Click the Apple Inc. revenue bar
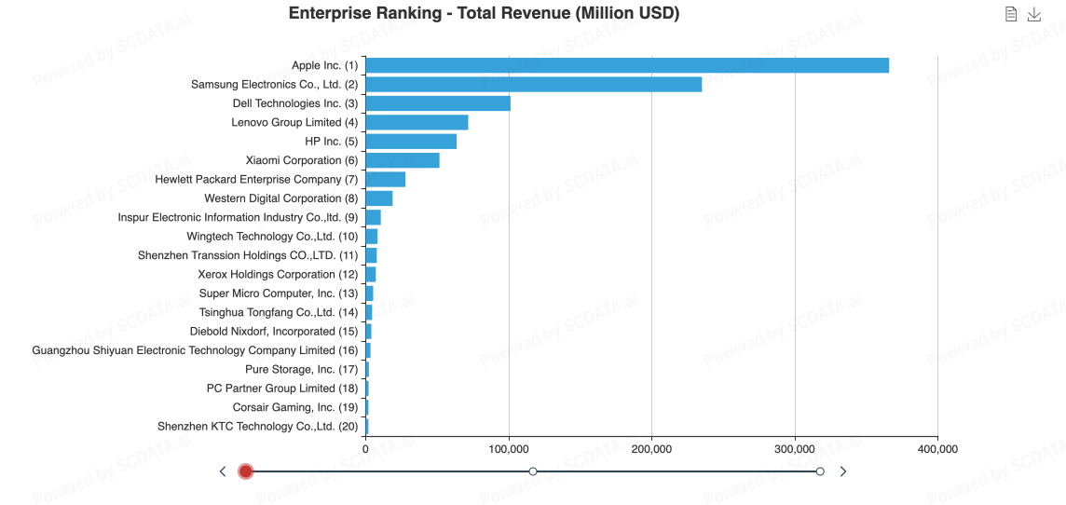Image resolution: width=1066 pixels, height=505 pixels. pyautogui.click(x=626, y=65)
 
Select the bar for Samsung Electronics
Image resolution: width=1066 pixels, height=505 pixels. pyautogui.click(x=533, y=84)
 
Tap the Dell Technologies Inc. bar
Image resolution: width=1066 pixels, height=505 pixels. pyautogui.click(x=438, y=103)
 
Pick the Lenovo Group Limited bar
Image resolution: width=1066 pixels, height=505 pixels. pyautogui.click(x=417, y=122)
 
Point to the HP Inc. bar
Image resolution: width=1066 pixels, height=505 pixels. pyautogui.click(x=411, y=142)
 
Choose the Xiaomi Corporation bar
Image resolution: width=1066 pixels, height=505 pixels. pyautogui.click(x=403, y=160)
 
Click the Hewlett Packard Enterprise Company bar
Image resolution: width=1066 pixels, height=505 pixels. pyautogui.click(x=386, y=179)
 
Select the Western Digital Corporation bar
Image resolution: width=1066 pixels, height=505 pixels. pyautogui.click(x=379, y=198)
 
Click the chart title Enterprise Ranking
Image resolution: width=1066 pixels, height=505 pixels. pyautogui.click(x=484, y=13)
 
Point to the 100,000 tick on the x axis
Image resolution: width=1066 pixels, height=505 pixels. pyautogui.click(x=509, y=449)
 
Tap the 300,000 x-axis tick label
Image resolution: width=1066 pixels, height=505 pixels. pyautogui.click(x=795, y=449)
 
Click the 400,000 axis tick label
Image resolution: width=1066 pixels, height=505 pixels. pyautogui.click(x=937, y=449)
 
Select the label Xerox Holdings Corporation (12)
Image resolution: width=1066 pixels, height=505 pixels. pyautogui.click(x=278, y=275)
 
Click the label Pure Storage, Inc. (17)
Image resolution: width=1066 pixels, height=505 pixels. pyautogui.click(x=301, y=370)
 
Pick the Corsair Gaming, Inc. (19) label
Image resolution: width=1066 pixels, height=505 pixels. pyautogui.click(x=295, y=407)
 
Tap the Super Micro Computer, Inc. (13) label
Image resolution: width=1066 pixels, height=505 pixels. pyautogui.click(x=278, y=293)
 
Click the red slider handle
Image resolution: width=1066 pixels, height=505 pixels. pyautogui.click(x=246, y=471)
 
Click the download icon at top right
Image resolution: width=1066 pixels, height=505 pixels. pyautogui.click(x=1034, y=14)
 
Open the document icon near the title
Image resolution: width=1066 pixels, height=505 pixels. pyautogui.click(x=1011, y=14)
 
